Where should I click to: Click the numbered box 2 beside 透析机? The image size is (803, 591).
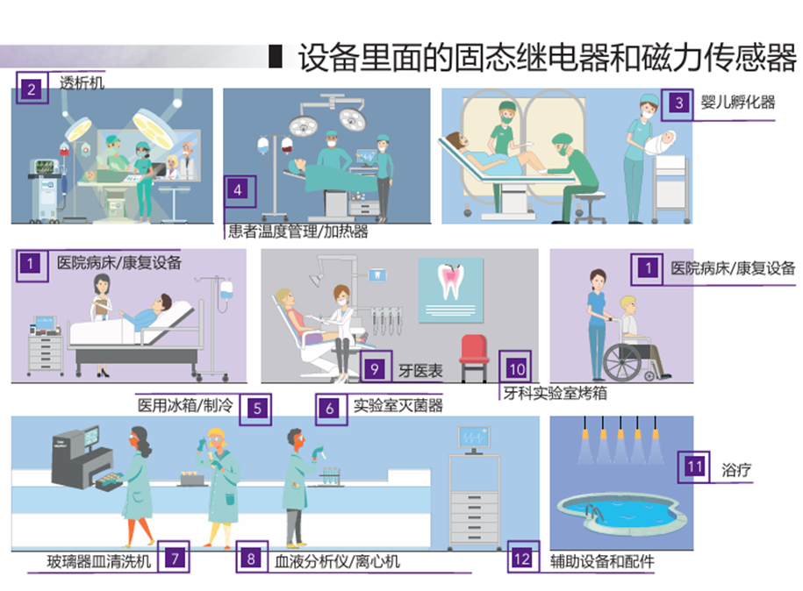tap(32, 88)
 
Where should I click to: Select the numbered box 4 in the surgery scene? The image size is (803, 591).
tap(240, 191)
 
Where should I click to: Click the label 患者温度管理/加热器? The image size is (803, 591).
tap(298, 231)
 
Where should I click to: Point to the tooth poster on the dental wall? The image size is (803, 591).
tap(451, 290)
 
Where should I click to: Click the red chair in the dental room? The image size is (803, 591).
tap(473, 357)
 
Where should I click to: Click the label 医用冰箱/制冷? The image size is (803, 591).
tap(185, 405)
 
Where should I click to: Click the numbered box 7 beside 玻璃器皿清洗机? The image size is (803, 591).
tap(174, 557)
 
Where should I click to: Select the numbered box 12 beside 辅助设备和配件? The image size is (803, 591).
tap(523, 557)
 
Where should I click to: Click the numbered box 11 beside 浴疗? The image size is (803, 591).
tap(694, 466)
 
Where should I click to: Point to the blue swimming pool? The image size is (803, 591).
tap(620, 513)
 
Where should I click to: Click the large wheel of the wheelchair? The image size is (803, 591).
tap(621, 362)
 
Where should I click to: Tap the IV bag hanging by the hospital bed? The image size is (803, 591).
tap(226, 290)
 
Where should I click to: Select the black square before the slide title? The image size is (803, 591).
tap(276, 56)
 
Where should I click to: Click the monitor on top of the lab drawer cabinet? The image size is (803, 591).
tap(474, 439)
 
